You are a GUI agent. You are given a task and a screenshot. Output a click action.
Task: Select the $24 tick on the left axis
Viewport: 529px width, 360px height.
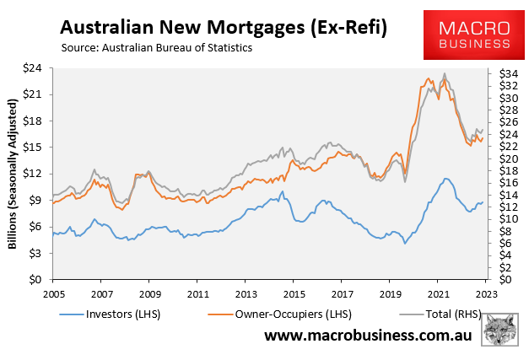click(x=34, y=68)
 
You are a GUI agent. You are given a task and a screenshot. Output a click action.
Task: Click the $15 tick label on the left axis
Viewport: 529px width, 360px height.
click(x=34, y=148)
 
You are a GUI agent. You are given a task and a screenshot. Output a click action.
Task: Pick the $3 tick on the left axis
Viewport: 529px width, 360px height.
click(x=36, y=253)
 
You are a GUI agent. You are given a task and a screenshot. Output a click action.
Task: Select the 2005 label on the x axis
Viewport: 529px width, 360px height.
click(x=53, y=295)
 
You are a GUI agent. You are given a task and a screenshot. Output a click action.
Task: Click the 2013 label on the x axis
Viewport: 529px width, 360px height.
click(x=246, y=295)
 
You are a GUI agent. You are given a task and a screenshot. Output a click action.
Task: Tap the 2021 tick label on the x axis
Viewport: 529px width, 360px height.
click(x=438, y=295)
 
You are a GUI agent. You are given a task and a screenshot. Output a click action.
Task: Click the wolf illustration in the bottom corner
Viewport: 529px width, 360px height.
click(x=499, y=328)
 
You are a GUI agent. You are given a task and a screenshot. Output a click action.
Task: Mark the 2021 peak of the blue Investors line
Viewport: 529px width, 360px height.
click(x=445, y=179)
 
